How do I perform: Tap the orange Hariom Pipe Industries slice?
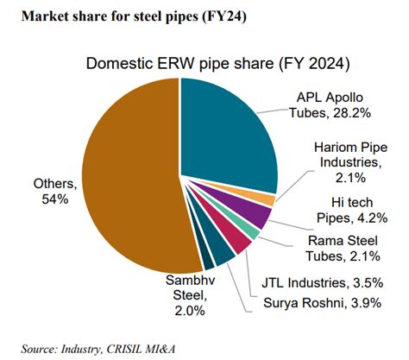click(269, 200)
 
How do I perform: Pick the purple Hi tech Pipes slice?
click(260, 216)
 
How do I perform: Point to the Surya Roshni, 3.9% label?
click(326, 303)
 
